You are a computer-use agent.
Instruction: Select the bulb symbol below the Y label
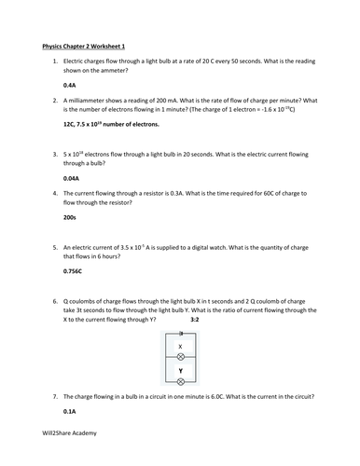(x=180, y=381)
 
